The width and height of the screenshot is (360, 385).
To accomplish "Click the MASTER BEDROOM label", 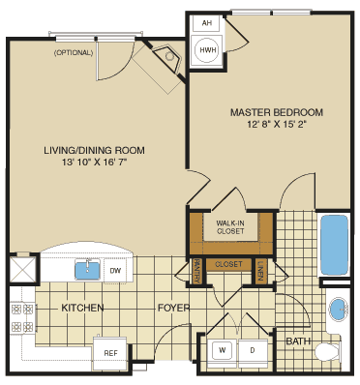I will pyautogui.click(x=276, y=112).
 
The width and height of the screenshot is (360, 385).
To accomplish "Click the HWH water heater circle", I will pyautogui.click(x=207, y=48).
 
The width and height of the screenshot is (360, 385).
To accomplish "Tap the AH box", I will pyautogui.click(x=206, y=23).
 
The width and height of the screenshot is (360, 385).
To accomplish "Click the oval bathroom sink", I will pyautogui.click(x=338, y=311).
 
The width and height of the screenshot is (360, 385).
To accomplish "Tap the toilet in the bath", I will pyautogui.click(x=328, y=350).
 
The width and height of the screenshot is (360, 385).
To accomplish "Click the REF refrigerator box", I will pyautogui.click(x=109, y=353).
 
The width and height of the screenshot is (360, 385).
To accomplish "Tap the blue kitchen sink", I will pyautogui.click(x=90, y=270).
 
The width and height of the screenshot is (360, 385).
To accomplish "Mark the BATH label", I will pyautogui.click(x=298, y=341).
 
